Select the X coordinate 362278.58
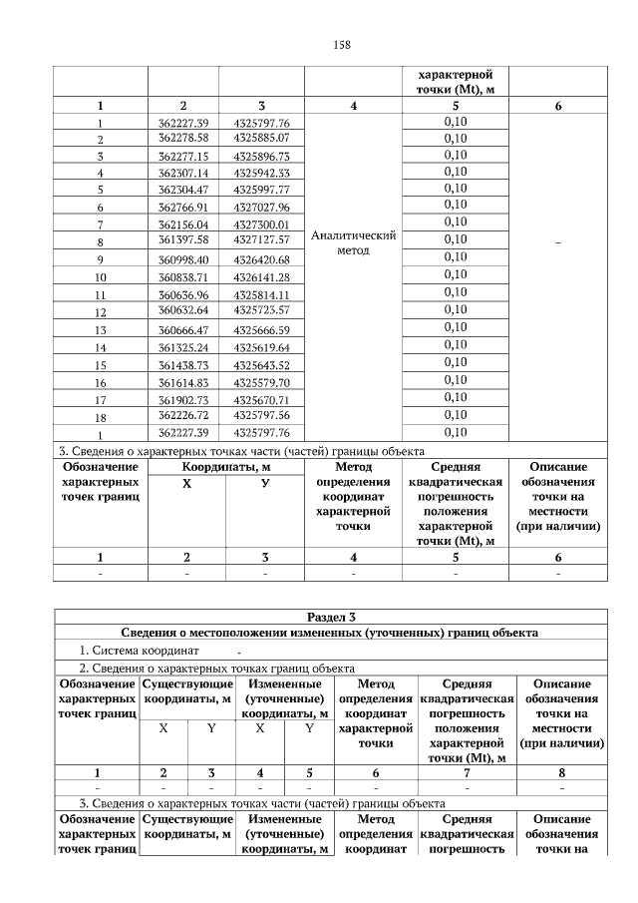click(x=182, y=137)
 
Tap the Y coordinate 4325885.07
click(x=261, y=137)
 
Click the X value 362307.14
click(x=182, y=172)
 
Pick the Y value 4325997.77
click(x=261, y=189)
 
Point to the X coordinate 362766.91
click(x=182, y=207)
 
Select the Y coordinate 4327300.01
click(x=261, y=225)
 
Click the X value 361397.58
click(x=182, y=240)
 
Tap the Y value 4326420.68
click(x=261, y=259)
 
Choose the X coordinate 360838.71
click(x=182, y=276)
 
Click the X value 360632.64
click(x=182, y=310)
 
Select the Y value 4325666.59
click(x=261, y=329)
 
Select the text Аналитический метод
click(x=354, y=242)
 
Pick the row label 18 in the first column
click(x=100, y=417)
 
